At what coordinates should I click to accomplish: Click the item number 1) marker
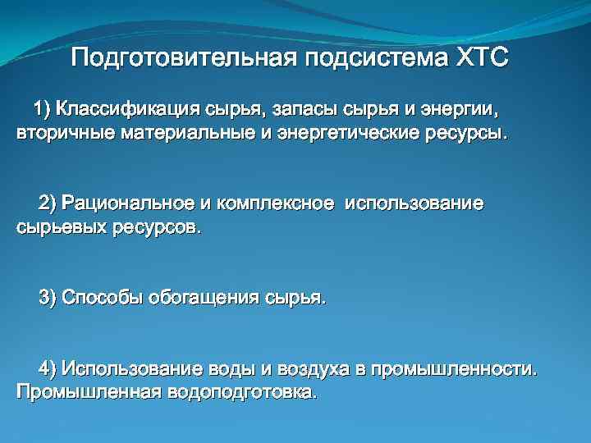click(x=41, y=109)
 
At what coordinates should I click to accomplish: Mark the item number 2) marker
click(x=48, y=203)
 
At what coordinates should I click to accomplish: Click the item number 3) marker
click(x=48, y=297)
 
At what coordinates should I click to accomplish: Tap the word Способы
click(x=102, y=297)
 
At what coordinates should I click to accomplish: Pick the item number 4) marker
click(x=48, y=368)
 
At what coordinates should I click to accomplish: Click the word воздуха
click(x=308, y=368)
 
